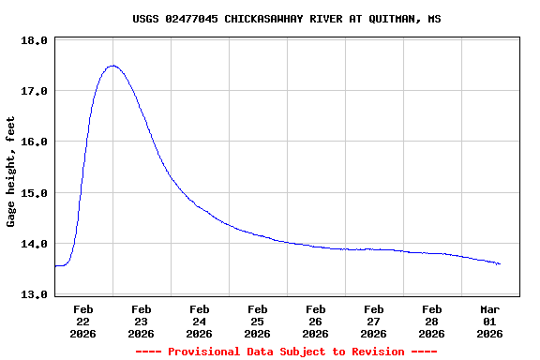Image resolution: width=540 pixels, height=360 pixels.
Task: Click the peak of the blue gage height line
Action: pyautogui.click(x=112, y=66)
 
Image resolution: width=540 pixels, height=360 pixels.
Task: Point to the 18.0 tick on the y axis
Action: pyautogui.click(x=34, y=41)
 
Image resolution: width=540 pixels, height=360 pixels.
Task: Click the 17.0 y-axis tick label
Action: pyautogui.click(x=34, y=91)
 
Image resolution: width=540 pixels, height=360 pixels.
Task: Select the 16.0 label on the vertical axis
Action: pyautogui.click(x=34, y=142)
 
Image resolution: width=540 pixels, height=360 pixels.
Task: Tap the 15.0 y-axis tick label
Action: pyautogui.click(x=34, y=193)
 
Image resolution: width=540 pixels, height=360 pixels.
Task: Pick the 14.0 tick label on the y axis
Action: pyautogui.click(x=34, y=244)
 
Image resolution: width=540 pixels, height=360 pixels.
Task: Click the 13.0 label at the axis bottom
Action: pyautogui.click(x=34, y=294)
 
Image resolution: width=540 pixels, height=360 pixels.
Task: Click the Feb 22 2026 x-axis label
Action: pyautogui.click(x=82, y=321)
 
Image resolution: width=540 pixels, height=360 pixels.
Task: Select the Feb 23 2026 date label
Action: pyautogui.click(x=141, y=321)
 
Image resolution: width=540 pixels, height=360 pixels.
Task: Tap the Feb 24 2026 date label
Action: pyautogui.click(x=199, y=321)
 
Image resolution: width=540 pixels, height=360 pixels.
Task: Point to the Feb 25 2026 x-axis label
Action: pyautogui.click(x=257, y=321)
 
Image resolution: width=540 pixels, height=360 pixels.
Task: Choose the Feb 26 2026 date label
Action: pyautogui.click(x=315, y=321)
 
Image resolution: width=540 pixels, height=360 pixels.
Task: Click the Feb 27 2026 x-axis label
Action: pyautogui.click(x=373, y=321)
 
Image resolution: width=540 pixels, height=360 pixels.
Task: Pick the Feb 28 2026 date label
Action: pyautogui.click(x=431, y=321)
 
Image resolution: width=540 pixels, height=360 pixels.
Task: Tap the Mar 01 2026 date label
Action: pyautogui.click(x=489, y=321)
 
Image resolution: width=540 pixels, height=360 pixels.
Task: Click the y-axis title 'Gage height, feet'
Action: pyautogui.click(x=11, y=172)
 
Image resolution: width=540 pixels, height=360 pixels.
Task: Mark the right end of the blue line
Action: pyautogui.click(x=500, y=264)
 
